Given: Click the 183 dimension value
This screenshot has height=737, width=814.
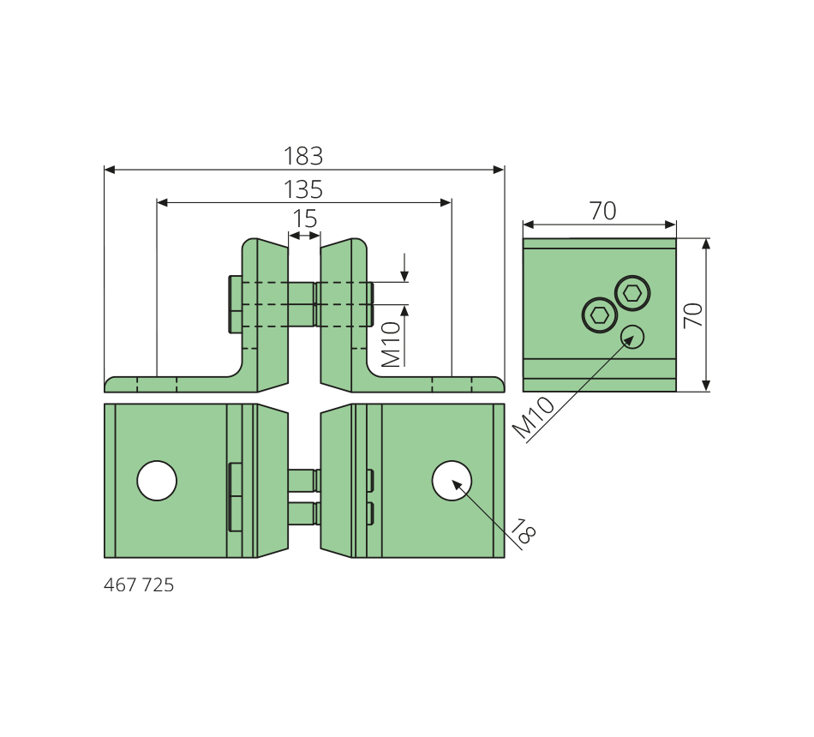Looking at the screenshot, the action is coord(303,156).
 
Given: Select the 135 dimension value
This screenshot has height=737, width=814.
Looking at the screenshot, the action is coord(303,189).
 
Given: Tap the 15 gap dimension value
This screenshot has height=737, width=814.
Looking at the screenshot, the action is coord(305,219).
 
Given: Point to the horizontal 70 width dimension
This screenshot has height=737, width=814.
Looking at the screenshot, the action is coord(602,211).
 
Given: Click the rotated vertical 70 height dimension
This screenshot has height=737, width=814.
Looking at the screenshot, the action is coord(693,315).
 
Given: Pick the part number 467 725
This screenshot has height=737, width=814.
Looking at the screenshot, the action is coord(139,584).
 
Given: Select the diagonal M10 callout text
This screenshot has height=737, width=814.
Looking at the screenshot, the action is coord(534,417).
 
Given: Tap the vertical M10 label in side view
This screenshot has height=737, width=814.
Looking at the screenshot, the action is coord(392,345).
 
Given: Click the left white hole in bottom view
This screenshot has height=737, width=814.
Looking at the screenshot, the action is coord(157,481).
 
